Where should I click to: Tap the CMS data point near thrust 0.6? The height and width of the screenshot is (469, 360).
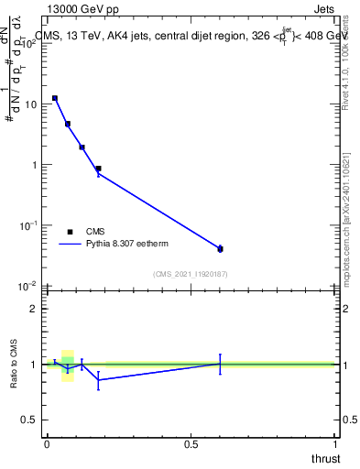[220, 248]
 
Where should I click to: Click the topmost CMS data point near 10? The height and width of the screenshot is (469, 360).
[55, 98]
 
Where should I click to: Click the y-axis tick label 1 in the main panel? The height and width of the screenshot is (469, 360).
[35, 165]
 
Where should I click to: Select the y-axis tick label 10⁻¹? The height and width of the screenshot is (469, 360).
[28, 224]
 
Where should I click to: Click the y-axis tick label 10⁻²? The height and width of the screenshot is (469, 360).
[28, 285]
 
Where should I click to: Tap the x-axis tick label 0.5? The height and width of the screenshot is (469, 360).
[191, 444]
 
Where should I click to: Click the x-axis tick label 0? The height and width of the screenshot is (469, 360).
[47, 444]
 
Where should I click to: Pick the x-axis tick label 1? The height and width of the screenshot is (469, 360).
[335, 444]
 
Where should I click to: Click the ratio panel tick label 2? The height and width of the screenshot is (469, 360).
[35, 309]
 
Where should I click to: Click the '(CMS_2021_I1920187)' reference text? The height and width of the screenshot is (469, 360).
[190, 274]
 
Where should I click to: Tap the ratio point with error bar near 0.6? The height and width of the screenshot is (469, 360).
[220, 364]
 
